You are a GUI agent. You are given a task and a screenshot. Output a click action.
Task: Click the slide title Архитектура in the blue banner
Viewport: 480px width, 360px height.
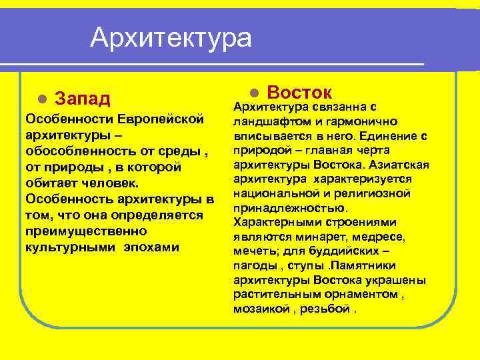[171, 37]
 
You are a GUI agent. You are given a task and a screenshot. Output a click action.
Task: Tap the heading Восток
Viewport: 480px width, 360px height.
[299, 92]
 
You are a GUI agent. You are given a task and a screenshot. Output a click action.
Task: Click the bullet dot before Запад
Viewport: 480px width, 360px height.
[41, 99]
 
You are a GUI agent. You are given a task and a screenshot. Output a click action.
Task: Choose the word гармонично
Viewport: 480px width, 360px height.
[365, 121]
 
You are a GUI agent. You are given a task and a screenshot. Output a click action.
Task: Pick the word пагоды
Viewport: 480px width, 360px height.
[251, 266]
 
